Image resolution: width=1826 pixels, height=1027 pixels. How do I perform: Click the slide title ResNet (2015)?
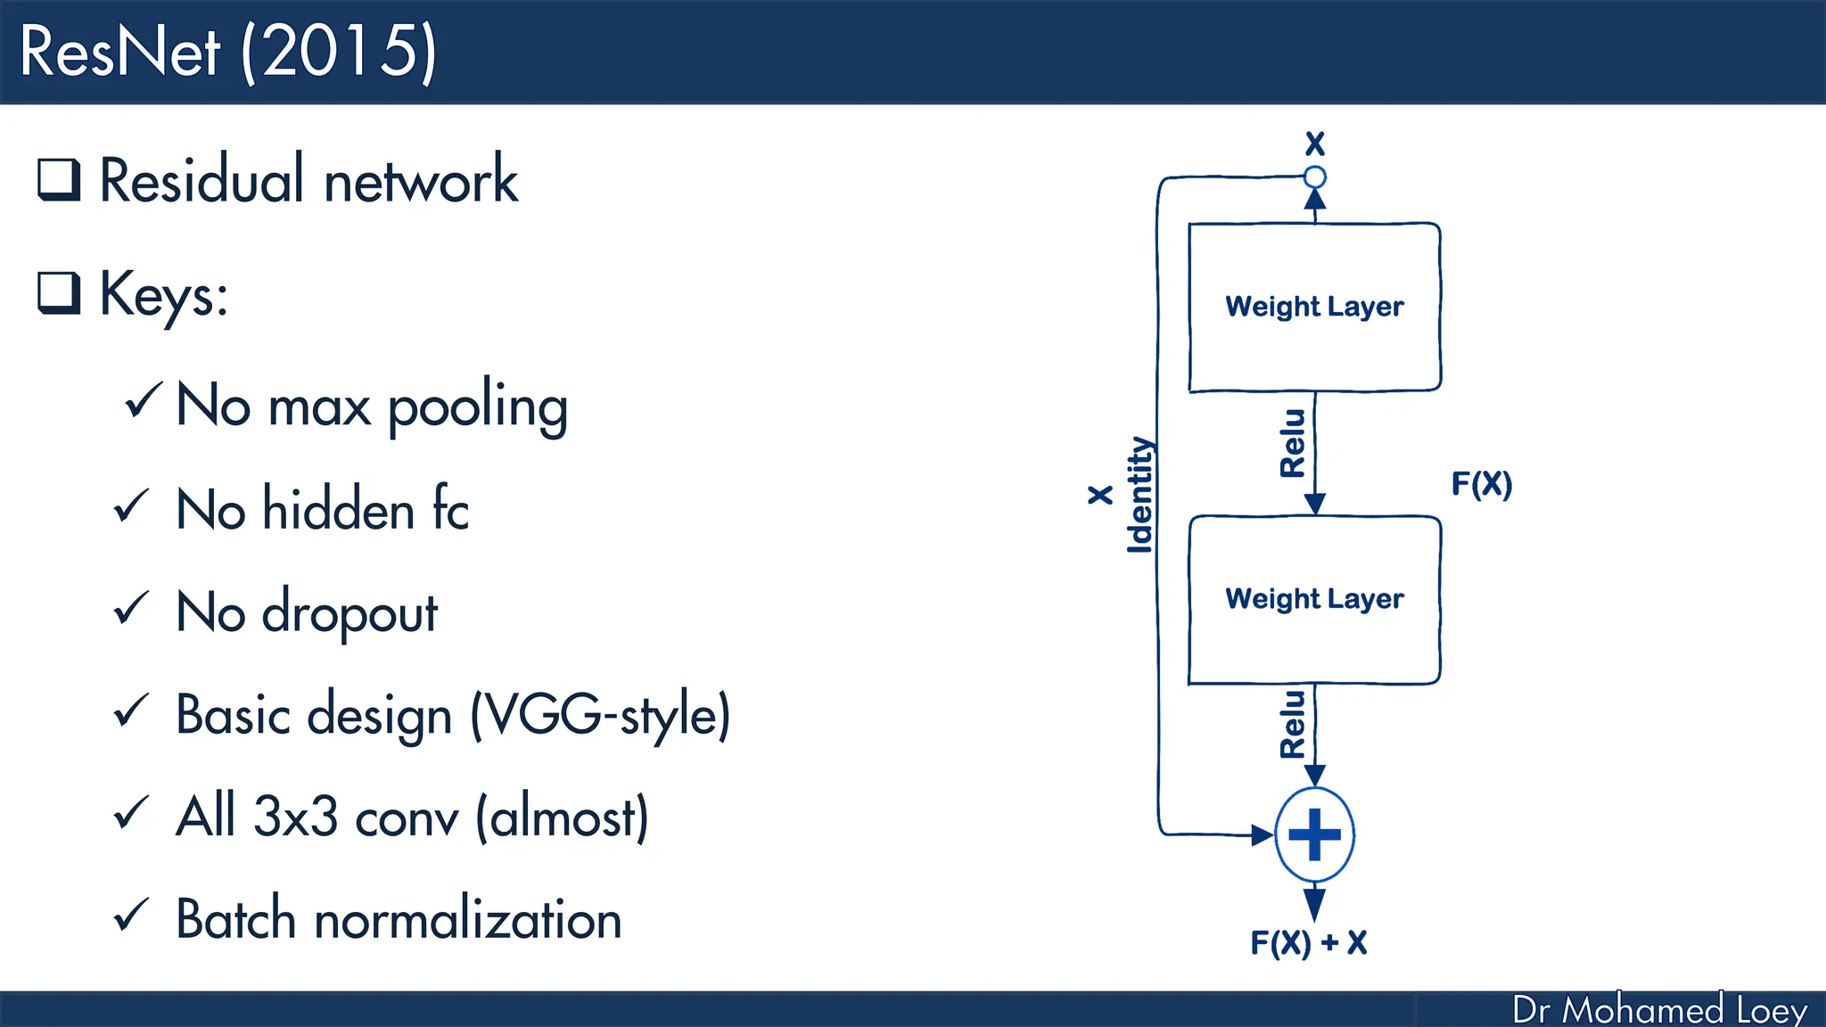pos(228,52)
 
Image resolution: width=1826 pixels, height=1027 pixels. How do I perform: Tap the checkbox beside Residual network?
pos(59,179)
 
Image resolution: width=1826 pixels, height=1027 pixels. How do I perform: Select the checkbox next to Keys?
pos(59,293)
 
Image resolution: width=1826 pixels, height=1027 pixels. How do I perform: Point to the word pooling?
pos(478,407)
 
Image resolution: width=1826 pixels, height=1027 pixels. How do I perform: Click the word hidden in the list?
pos(339,510)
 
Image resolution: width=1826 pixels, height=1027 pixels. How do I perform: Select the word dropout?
pos(350,613)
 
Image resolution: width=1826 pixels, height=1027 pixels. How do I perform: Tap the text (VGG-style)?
pos(600,715)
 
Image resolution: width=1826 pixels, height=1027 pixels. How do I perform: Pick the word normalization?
pos(467,919)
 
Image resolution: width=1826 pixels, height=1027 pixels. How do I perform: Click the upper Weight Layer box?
pos(1314,307)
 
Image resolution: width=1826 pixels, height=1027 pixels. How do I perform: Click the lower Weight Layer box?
pos(1314,599)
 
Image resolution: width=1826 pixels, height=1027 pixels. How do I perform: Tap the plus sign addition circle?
pos(1314,835)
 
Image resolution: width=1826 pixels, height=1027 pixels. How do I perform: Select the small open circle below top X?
pos(1314,177)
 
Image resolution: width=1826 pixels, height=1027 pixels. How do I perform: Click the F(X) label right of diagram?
pos(1481,484)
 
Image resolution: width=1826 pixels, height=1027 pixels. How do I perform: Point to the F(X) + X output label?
pos(1308,942)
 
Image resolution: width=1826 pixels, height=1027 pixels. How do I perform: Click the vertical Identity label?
pos(1139,495)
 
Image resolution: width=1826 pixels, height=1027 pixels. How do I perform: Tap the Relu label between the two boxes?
pos(1292,443)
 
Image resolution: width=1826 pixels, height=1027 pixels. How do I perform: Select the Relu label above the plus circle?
pos(1292,724)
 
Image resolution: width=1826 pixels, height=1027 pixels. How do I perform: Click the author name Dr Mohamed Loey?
pos(1659,1009)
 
